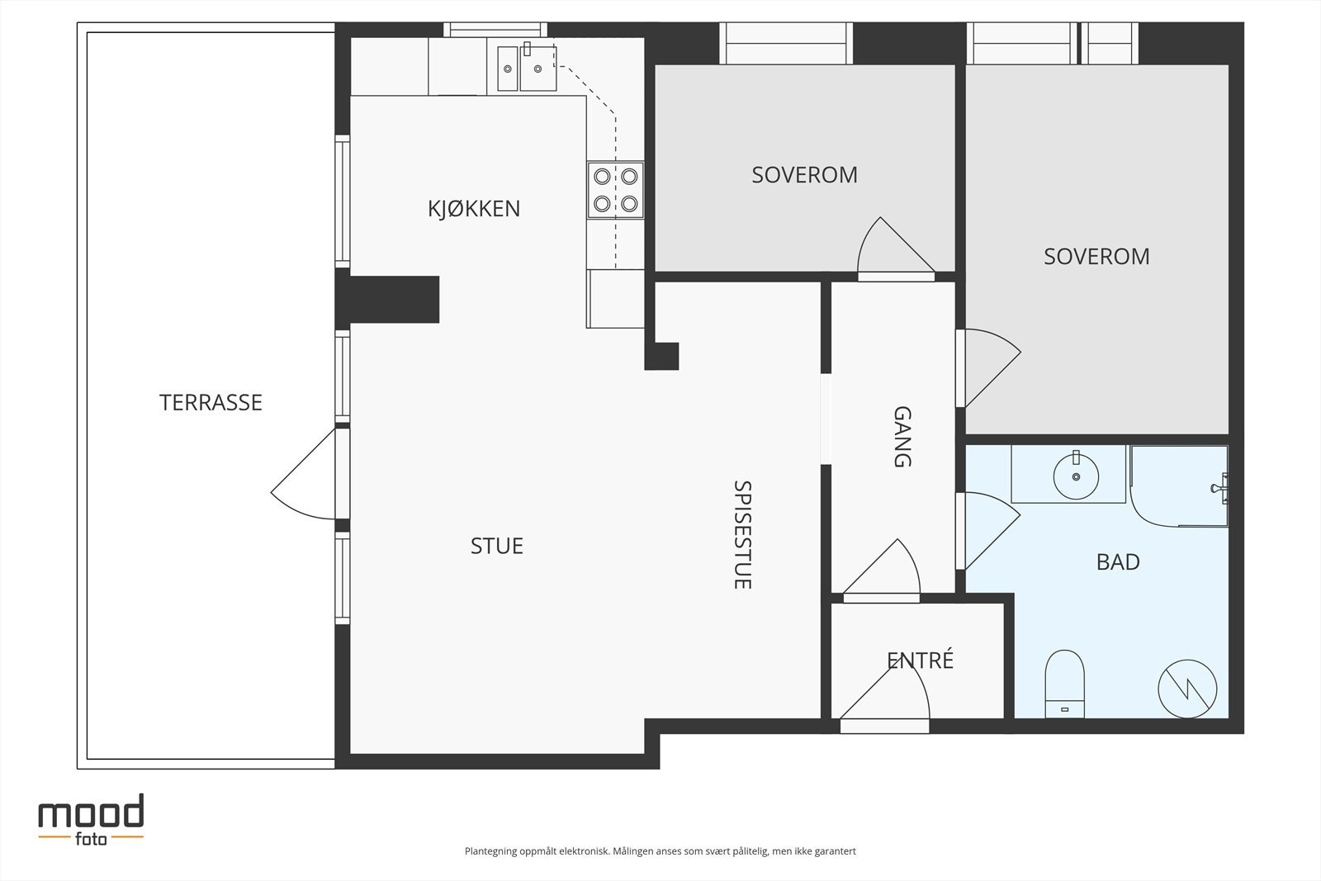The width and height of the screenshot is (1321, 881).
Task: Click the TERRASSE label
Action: (x=211, y=403)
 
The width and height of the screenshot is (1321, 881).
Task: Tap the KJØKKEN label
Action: (x=474, y=209)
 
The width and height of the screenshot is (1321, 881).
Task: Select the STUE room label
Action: (x=496, y=546)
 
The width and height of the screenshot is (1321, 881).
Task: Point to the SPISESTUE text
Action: (x=742, y=535)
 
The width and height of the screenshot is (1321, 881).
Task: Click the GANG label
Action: (x=903, y=437)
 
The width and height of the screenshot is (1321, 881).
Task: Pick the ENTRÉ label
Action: (x=920, y=660)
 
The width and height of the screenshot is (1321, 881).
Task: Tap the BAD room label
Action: (x=1118, y=562)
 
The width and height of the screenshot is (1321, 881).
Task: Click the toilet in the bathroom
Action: (x=1064, y=684)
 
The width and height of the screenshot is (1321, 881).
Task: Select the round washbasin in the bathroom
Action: (x=1076, y=476)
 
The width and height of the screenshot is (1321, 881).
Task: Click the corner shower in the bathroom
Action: (x=1179, y=486)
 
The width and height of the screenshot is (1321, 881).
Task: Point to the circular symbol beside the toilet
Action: (x=1187, y=689)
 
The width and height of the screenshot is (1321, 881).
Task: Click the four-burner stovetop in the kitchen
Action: (x=615, y=190)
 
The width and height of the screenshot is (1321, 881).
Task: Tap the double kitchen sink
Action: (x=527, y=69)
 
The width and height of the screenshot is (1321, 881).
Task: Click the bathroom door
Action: (x=987, y=531)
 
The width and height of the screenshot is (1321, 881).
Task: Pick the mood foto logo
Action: (x=91, y=820)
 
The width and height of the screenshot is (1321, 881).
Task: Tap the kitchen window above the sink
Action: (x=495, y=30)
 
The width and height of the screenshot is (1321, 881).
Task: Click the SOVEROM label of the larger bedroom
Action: (x=1096, y=257)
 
